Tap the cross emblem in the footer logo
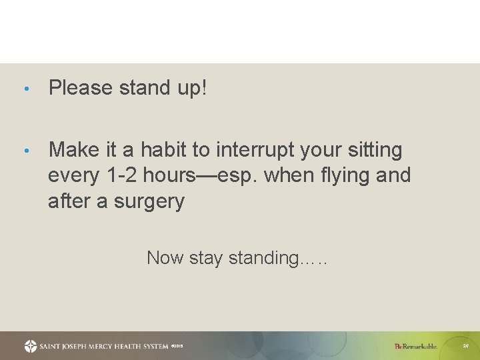click(x=31, y=346)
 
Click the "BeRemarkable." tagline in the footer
click(x=416, y=346)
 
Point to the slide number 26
click(x=465, y=346)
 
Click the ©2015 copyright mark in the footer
click(x=177, y=347)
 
